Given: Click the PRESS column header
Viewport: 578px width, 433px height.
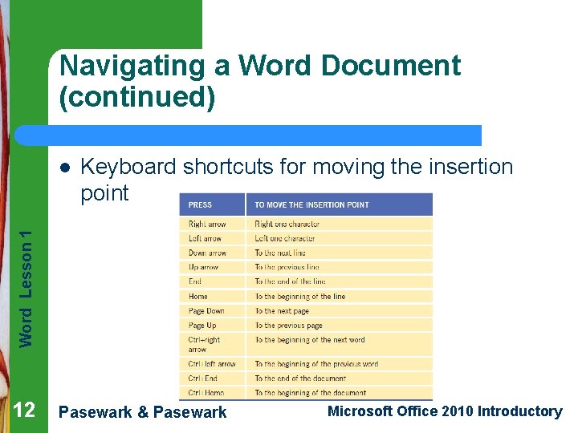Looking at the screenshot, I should click(201, 204).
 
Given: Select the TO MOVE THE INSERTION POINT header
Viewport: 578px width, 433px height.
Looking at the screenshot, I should click(311, 204).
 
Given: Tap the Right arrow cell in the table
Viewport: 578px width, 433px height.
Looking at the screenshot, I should click(207, 225).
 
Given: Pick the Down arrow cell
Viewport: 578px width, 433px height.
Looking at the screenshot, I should click(207, 253).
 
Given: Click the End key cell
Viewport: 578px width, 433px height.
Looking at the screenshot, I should click(195, 281).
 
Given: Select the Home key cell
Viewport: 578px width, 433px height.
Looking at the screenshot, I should click(198, 296).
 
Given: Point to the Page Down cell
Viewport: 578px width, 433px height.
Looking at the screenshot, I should click(206, 311).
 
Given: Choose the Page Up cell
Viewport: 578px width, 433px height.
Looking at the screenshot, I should click(202, 326).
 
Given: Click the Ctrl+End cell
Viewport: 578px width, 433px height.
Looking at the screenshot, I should click(203, 378).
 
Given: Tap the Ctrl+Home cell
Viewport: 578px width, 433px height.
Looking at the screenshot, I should click(206, 393).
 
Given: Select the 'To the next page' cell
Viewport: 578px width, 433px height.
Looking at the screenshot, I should click(282, 311).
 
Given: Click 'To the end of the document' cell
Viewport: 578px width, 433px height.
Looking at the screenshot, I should click(300, 378).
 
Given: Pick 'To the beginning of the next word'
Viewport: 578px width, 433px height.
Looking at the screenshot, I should click(310, 340).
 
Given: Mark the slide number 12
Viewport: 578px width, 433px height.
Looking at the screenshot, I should click(24, 411).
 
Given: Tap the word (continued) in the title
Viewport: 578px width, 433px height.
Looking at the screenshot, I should click(137, 98).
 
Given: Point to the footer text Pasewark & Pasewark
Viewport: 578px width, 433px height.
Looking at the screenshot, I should click(144, 412).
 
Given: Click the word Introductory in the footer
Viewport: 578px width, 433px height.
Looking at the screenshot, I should click(519, 411).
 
